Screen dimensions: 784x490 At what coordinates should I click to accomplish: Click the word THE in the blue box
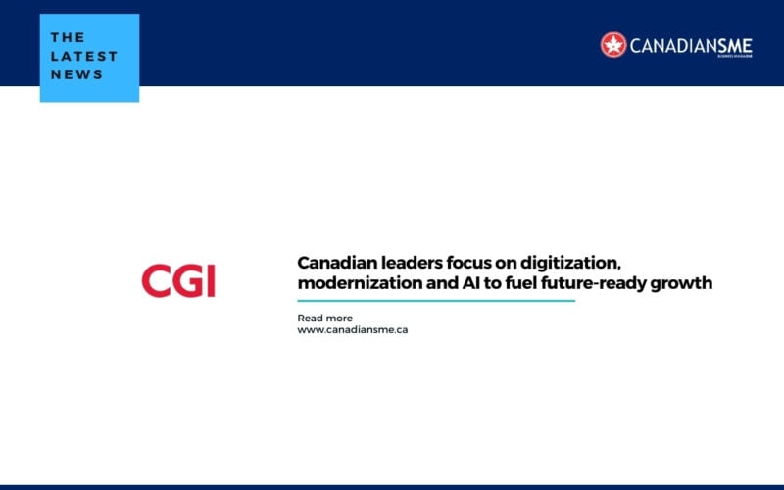[x=68, y=37]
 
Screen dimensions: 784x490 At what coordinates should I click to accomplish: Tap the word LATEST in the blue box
[x=84, y=56]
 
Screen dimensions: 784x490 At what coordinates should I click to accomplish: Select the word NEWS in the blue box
[x=76, y=74]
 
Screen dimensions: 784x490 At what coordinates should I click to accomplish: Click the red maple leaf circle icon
[x=613, y=45]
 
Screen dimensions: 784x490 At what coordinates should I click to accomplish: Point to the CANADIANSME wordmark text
[x=691, y=46]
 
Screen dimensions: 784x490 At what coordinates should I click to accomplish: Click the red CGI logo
[x=178, y=280]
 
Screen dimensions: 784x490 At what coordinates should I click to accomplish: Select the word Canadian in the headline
[x=335, y=263]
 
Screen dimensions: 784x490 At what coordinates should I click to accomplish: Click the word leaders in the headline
[x=410, y=263]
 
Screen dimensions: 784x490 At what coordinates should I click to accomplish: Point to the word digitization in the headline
[x=570, y=264]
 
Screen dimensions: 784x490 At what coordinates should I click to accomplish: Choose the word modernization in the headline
[x=360, y=283]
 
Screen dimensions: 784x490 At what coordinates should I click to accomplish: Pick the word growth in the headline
[x=681, y=284]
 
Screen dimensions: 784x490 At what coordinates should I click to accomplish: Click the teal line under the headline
[x=436, y=301]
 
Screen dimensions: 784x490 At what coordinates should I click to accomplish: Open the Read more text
[x=325, y=318]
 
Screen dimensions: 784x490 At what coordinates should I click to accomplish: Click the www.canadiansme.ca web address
[x=353, y=330]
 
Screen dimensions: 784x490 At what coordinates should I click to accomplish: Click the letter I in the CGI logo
[x=211, y=281]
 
